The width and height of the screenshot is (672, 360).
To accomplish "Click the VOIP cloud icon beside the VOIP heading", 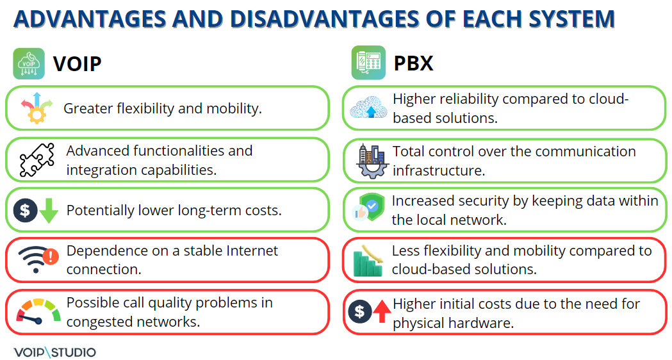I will pos(29,64).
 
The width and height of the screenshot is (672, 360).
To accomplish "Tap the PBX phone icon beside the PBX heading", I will pos(368,63).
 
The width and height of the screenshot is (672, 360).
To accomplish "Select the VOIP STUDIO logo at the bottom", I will pos(54,352).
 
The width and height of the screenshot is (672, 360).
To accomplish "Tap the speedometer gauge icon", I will pos(38,311).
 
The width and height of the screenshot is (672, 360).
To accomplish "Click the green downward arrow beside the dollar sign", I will pos(49,211).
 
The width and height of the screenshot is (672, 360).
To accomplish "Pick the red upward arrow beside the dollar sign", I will pos(382,312).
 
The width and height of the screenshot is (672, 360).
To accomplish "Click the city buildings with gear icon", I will pos(371,160).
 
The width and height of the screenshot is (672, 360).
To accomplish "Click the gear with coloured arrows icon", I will pos(35,108).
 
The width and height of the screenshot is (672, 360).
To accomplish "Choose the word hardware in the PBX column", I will pos(482,323).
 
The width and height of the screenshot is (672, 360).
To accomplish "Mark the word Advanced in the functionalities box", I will pos(97,151).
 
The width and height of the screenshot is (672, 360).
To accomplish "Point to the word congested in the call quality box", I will pos(100,322).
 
